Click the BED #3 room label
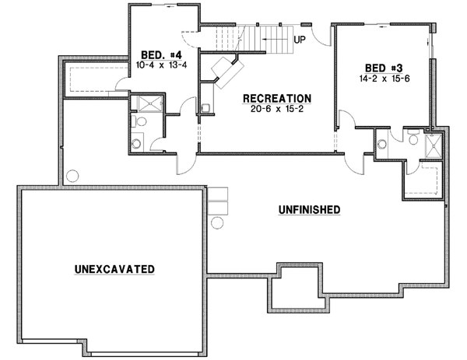pyautogui.click(x=382, y=68)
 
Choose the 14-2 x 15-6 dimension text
pyautogui.click(x=382, y=79)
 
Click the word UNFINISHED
pyautogui.click(x=308, y=210)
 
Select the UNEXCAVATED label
pyautogui.click(x=114, y=269)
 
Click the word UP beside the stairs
pyautogui.click(x=299, y=38)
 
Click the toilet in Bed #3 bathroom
pyautogui.click(x=383, y=143)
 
